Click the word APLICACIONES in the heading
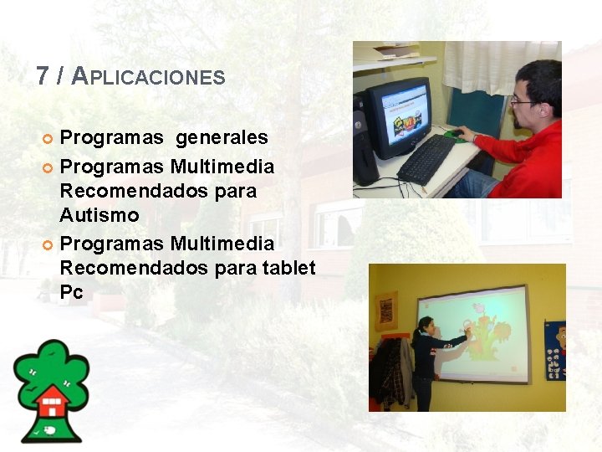(x=149, y=77)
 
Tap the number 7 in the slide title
(x=43, y=76)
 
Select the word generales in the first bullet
(x=222, y=137)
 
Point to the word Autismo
(x=99, y=215)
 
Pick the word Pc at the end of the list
(x=71, y=293)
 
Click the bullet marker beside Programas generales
(x=48, y=138)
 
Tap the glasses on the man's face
(x=523, y=100)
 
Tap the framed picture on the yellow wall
(x=385, y=311)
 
